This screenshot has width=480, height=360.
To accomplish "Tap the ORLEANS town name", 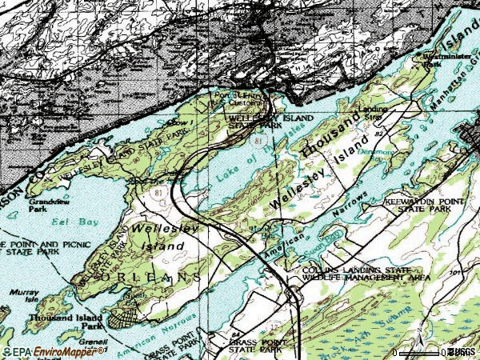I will coord(150,275).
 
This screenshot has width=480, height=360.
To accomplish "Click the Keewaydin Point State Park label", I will coord(423,205).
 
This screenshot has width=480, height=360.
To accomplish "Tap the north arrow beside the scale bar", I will coord(419,330).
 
